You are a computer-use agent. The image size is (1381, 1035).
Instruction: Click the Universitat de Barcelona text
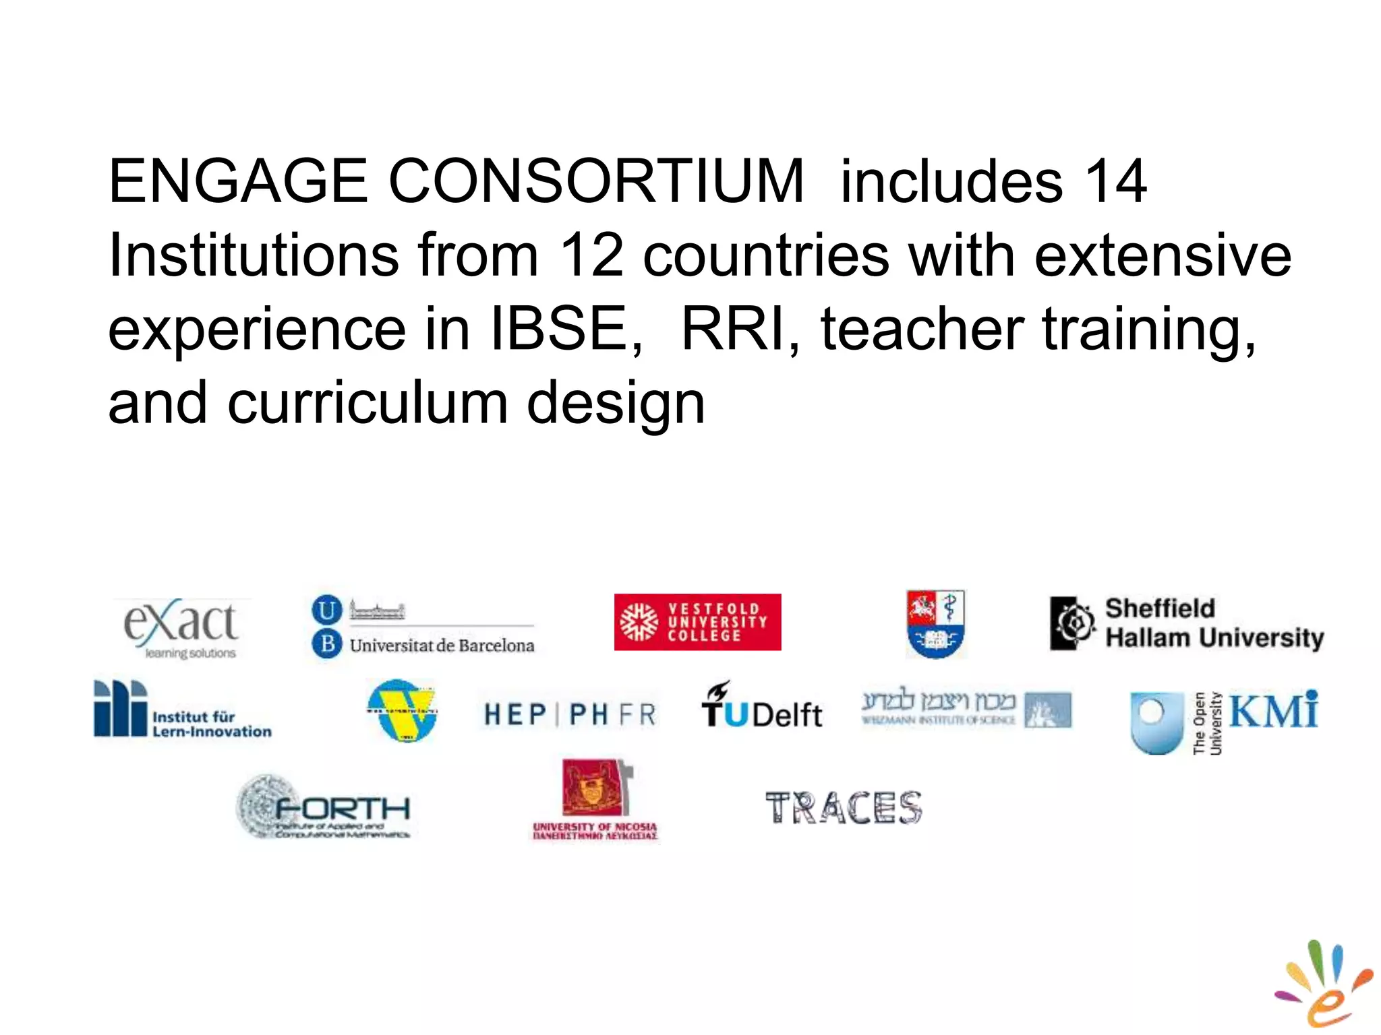click(x=442, y=645)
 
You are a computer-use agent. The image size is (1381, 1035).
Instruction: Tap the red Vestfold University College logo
click(x=697, y=621)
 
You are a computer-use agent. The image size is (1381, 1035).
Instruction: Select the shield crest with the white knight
click(x=935, y=623)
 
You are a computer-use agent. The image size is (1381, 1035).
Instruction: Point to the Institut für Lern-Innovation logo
click(x=182, y=710)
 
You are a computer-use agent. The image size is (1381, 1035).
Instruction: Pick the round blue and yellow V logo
click(x=402, y=710)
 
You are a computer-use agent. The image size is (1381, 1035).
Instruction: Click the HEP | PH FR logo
click(x=570, y=714)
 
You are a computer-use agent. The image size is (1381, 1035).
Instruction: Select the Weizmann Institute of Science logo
click(x=966, y=709)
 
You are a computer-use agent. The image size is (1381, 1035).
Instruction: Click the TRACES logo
click(x=844, y=808)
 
